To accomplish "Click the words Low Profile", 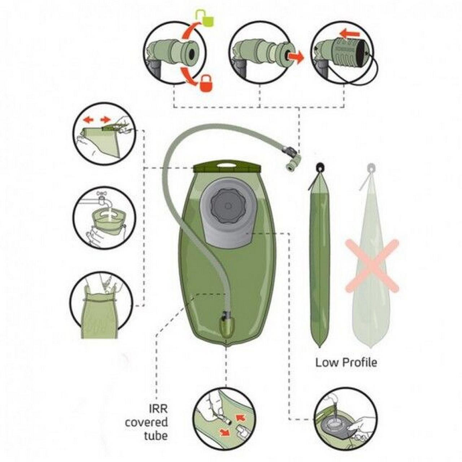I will click(346, 362).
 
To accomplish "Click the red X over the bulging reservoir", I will click(372, 266).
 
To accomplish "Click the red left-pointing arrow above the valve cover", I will click(350, 34).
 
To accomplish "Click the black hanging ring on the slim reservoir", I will click(319, 167).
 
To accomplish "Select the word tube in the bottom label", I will click(156, 436).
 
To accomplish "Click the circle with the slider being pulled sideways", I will click(104, 134).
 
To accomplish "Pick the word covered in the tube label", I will click(147, 422).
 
